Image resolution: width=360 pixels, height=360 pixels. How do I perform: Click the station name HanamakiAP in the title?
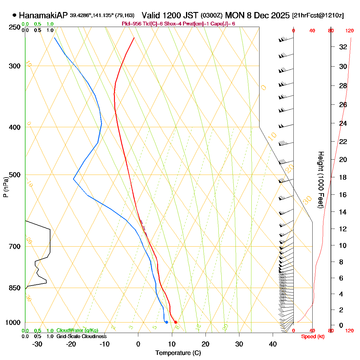point(43,15)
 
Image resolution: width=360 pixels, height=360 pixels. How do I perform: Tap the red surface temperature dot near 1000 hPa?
point(175,322)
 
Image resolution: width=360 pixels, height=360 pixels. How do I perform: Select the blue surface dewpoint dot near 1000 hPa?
point(166,322)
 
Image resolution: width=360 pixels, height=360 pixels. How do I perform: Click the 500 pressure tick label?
point(15,175)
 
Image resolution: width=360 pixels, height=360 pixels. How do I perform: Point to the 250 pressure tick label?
point(15,27)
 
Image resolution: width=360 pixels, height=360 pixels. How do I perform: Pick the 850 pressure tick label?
point(15,288)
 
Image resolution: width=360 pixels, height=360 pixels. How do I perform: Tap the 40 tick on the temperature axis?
point(273,344)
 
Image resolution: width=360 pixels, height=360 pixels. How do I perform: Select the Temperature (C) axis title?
point(178,353)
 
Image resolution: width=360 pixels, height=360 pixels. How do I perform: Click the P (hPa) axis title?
point(5,187)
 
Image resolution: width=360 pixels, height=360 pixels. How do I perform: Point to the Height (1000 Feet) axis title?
point(321,180)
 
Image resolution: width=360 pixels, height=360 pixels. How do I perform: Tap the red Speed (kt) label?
point(313,337)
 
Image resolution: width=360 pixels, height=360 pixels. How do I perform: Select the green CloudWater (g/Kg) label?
point(77,331)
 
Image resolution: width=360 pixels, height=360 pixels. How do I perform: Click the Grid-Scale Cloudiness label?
point(81,337)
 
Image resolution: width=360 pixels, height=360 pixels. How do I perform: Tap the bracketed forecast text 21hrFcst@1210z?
point(318,16)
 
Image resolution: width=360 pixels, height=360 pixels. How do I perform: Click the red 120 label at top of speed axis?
point(349,31)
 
